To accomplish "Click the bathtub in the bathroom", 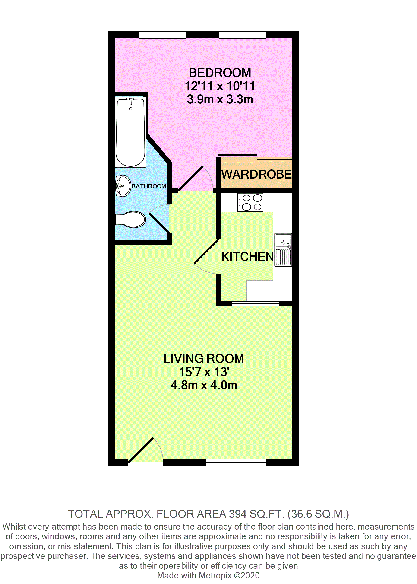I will [130, 132].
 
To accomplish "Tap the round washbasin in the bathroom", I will [123, 186].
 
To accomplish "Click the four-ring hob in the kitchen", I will [250, 202].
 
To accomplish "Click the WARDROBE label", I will [256, 174].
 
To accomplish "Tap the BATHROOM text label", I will [149, 186].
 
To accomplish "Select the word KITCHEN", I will [247, 257].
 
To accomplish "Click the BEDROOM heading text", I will [220, 73].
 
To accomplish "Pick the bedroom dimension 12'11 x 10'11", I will [220, 86].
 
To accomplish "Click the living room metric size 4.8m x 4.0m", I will [204, 385].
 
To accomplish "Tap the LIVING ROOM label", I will [204, 359].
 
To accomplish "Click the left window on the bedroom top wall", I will [163, 35].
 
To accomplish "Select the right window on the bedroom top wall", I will [242, 35].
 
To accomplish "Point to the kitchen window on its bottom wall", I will [255, 304].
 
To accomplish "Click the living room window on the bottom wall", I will [236, 462].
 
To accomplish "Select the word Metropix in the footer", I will [215, 575].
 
